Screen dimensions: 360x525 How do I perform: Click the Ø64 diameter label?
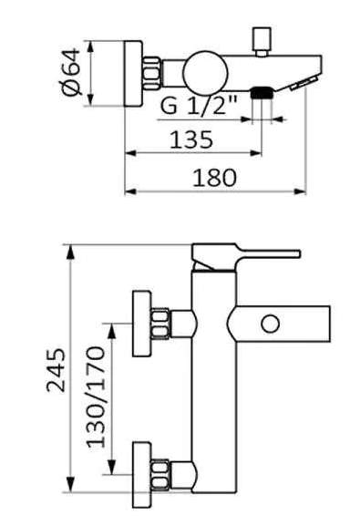coord(72,72)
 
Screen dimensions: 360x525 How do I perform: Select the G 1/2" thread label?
coord(199,105)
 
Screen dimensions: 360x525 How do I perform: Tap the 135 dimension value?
coord(191,139)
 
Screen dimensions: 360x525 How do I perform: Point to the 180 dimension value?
coord(215,178)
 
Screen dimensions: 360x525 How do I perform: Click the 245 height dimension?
coord(56,370)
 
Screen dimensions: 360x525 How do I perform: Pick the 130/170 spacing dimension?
coord(96,397)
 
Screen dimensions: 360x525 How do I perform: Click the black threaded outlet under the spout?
coord(262,92)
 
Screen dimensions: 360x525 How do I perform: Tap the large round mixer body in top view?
coord(205,73)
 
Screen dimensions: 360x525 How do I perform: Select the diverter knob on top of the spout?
coord(262,42)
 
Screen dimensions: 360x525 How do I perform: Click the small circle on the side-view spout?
coord(270,324)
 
